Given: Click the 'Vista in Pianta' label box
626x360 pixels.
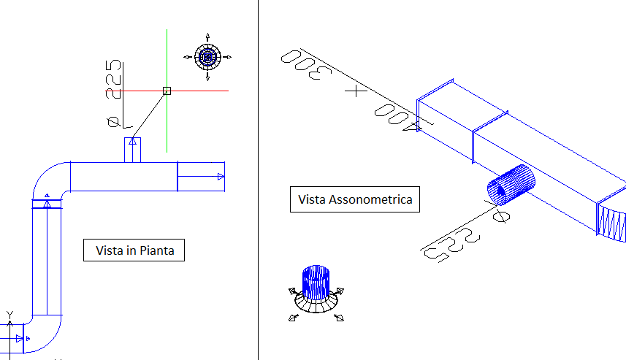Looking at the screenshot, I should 134,250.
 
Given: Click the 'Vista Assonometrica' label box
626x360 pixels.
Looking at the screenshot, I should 355,199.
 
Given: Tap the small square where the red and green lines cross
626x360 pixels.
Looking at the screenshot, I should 167,91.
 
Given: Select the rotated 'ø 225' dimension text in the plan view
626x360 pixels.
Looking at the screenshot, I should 113,92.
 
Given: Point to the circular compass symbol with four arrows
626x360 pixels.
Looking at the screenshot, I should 208,56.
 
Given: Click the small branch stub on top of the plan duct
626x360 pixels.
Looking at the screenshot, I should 132,149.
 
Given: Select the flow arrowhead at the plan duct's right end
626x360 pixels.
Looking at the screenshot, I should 220,176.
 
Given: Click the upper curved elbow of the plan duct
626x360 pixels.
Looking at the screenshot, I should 49,179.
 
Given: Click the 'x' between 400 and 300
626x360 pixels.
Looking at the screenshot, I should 355,91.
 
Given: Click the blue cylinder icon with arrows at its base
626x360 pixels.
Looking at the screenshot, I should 316,285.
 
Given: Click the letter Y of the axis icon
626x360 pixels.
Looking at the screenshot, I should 10,315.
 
